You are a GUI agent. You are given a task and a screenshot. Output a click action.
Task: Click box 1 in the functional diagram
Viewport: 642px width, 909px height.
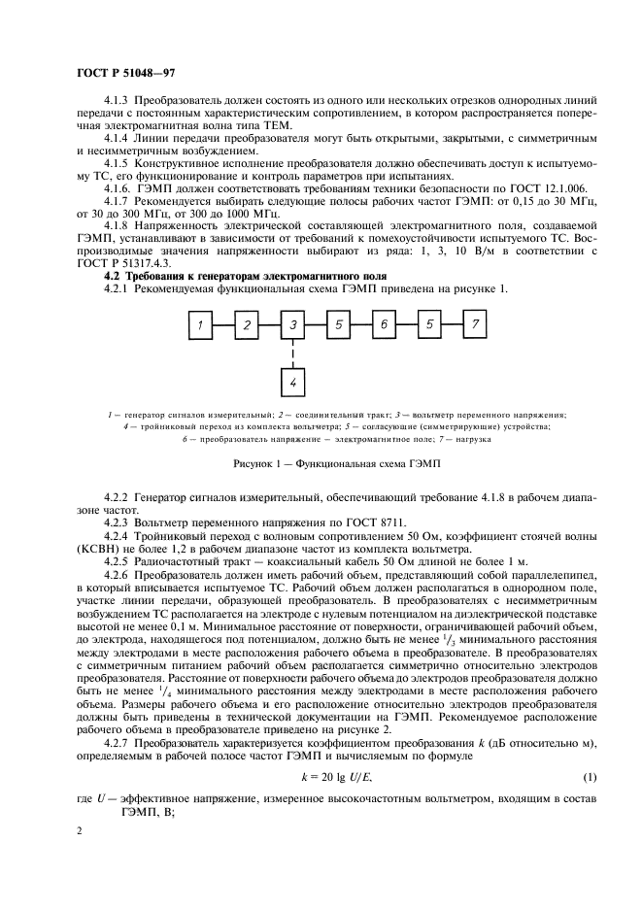click(200, 325)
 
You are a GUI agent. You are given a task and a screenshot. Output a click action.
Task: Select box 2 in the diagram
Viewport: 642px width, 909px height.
click(246, 325)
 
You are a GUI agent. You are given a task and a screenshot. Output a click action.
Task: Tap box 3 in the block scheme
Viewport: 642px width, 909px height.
click(292, 325)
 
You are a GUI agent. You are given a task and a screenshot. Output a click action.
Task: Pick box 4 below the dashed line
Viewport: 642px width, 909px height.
click(292, 384)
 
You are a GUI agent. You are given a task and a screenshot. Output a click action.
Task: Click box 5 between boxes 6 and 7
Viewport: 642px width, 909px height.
click(428, 325)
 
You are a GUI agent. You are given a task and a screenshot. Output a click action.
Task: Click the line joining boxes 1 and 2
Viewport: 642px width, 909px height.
click(223, 325)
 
